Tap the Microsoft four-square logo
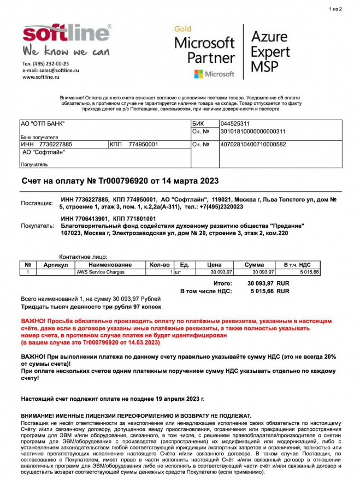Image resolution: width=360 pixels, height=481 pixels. [x=198, y=74]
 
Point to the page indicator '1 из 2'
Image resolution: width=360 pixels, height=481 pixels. [x=335, y=9]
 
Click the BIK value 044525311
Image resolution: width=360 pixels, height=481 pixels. [x=234, y=124]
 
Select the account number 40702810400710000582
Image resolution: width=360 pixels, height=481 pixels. [x=252, y=145]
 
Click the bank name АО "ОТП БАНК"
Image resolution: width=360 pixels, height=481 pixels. [x=42, y=124]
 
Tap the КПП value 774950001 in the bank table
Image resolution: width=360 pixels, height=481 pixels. [x=143, y=145]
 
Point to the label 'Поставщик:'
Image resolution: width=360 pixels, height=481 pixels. [x=37, y=203]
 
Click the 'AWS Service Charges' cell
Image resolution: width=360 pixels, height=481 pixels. [x=101, y=272]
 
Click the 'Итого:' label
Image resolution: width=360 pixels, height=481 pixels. [x=222, y=284]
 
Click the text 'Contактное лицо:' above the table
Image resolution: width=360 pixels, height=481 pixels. [x=83, y=257]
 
